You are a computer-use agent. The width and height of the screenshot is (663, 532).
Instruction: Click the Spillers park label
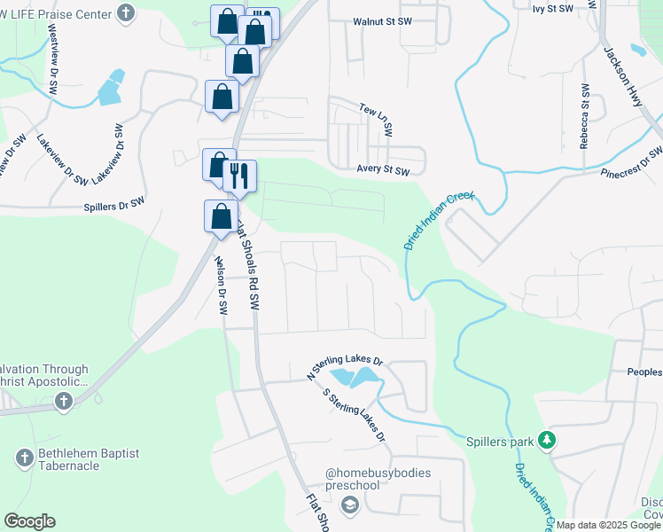point(502,441)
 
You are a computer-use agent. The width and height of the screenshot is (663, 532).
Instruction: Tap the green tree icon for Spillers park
point(548,440)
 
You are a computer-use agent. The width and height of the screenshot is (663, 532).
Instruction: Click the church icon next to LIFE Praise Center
point(127,13)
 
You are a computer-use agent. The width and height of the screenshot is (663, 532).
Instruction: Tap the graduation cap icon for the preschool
point(350,505)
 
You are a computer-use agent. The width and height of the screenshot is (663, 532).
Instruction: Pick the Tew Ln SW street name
point(376,118)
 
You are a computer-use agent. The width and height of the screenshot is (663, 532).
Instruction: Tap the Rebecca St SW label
point(585,116)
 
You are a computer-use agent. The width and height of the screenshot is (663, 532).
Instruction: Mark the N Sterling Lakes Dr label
point(344,369)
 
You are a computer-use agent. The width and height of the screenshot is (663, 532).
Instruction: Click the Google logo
point(29,521)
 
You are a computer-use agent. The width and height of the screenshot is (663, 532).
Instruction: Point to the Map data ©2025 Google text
point(609,525)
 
